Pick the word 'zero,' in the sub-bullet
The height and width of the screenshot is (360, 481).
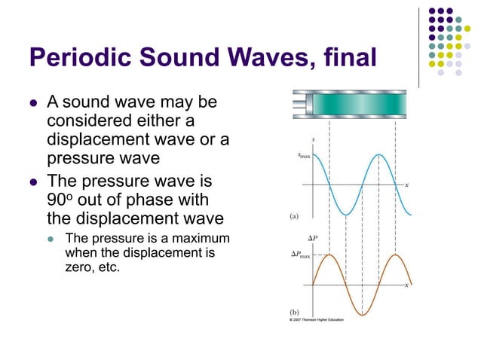(78, 267)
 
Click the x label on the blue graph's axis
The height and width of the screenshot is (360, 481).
(406, 185)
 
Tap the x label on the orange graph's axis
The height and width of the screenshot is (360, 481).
(406, 285)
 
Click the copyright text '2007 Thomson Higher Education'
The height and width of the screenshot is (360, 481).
(318, 320)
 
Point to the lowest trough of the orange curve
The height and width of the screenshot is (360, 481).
(363, 315)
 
